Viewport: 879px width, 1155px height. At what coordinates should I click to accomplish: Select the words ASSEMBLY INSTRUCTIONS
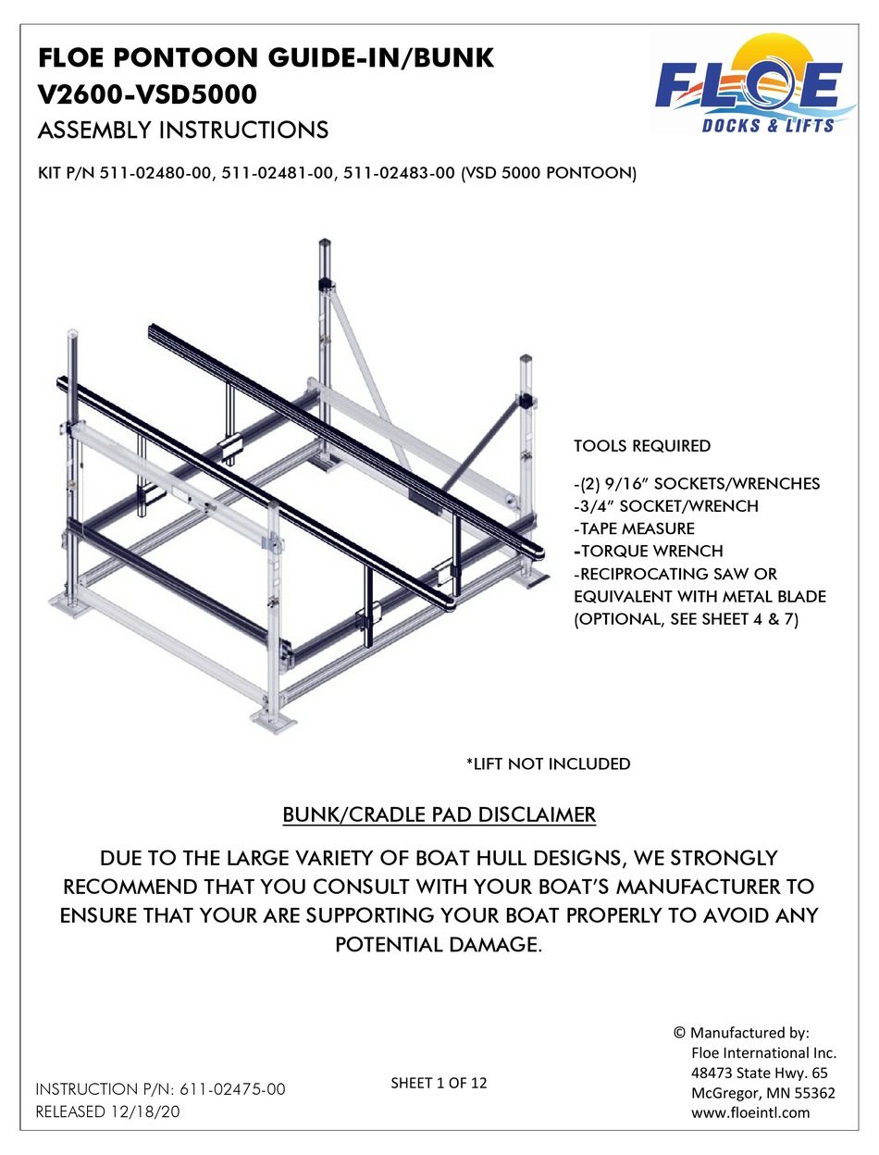pos(181,129)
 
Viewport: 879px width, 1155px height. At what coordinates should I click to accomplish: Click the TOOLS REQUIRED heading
pos(642,446)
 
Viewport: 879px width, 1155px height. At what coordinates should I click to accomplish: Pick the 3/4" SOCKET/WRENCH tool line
pos(666,506)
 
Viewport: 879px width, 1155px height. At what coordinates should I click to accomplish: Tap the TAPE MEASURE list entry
pos(634,528)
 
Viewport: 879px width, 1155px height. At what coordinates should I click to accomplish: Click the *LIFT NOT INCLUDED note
pos(548,764)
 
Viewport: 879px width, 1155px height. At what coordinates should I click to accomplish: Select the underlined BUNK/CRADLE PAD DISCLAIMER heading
pos(439,815)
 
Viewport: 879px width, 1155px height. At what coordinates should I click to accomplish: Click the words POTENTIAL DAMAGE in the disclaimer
pos(439,945)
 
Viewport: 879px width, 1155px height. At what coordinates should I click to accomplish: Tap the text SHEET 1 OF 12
pos(439,1082)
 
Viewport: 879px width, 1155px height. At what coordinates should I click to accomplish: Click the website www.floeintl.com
pos(750,1112)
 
